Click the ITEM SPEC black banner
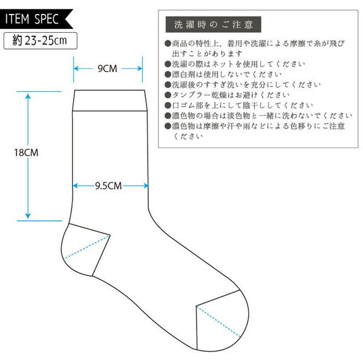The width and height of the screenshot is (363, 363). (34, 19)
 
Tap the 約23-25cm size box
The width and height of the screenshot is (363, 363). (41, 41)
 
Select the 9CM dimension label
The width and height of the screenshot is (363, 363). (107, 68)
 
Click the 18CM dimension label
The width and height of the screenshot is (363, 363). (26, 152)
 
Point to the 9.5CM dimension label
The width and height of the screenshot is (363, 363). (108, 186)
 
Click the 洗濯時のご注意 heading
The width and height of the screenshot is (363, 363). (213, 24)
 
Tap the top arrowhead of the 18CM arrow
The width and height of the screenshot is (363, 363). (28, 96)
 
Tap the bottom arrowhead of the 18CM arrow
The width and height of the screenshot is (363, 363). (28, 216)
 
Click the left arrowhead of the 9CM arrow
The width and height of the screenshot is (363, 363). (76, 68)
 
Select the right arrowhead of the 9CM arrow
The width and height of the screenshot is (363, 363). (139, 68)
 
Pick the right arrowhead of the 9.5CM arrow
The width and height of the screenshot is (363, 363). (146, 186)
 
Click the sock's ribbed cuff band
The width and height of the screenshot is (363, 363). (110, 100)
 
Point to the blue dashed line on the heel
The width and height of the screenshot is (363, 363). (87, 247)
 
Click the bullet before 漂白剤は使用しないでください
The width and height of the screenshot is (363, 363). (168, 74)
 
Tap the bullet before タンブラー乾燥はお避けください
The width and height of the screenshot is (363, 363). (168, 95)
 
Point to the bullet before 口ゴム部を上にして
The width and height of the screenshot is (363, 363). (168, 105)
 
